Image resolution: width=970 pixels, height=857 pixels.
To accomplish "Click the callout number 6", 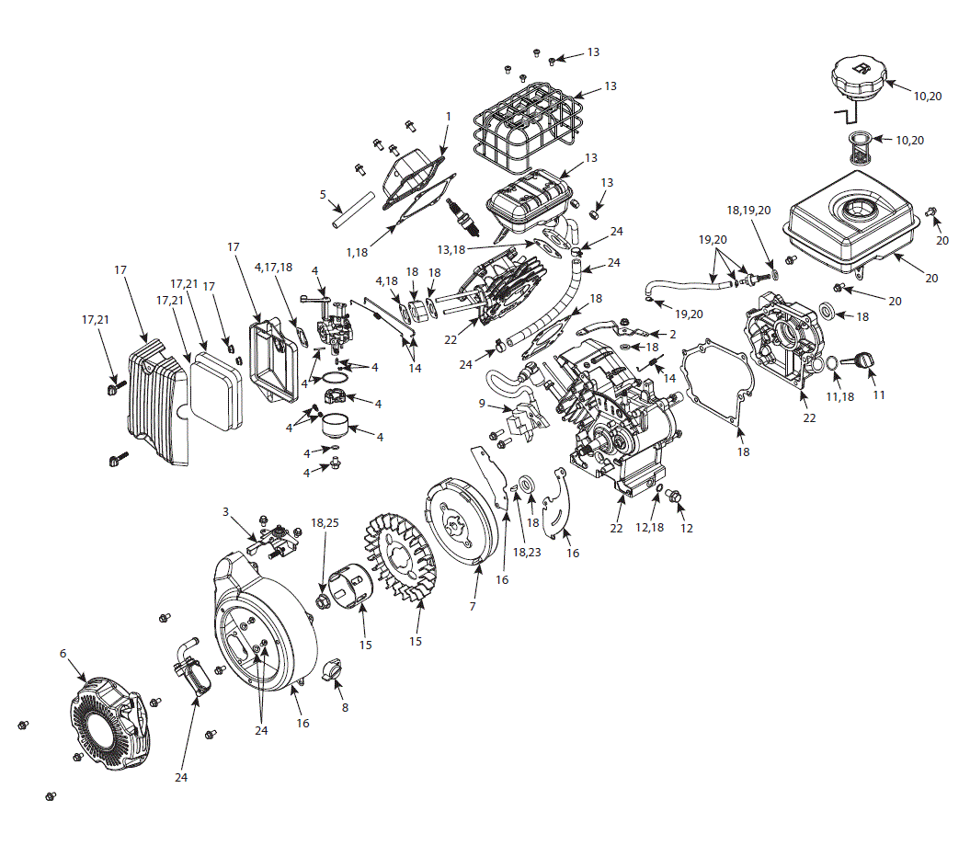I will (63, 653).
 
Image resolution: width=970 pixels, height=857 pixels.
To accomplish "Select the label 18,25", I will (325, 521).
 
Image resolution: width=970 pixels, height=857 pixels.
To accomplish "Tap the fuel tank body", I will (854, 221).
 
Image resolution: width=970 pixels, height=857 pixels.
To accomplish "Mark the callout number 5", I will (323, 194).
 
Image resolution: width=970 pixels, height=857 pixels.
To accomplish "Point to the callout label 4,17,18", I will (274, 267).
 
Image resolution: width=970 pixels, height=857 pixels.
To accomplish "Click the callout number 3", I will (225, 511).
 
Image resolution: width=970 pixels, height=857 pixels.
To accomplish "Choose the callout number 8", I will (346, 708).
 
